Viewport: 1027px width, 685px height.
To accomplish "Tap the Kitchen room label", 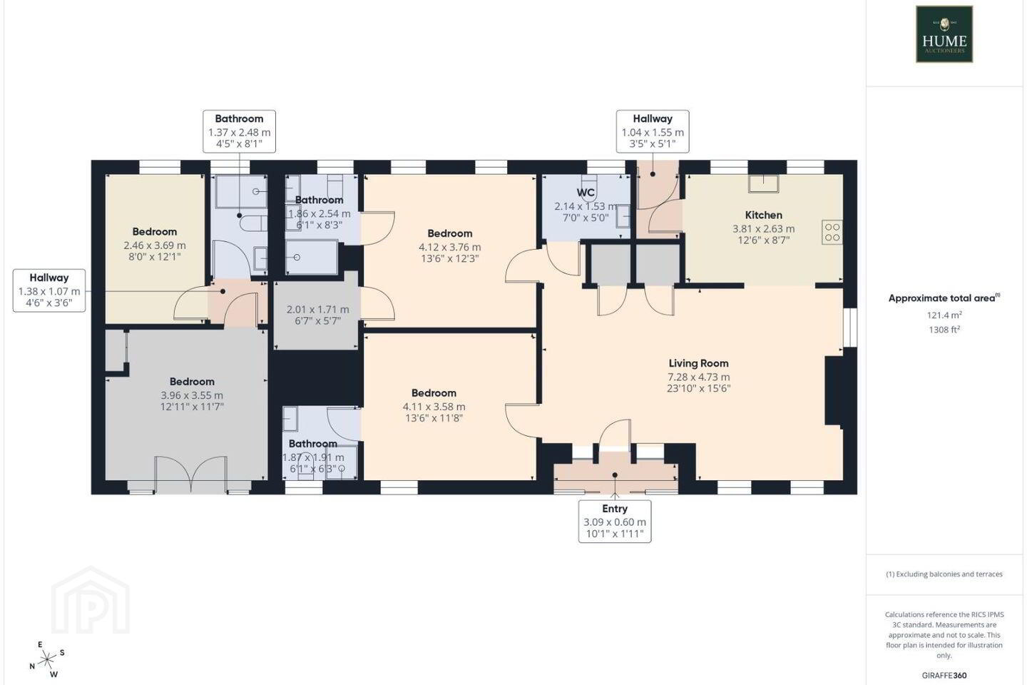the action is pyautogui.click(x=763, y=215).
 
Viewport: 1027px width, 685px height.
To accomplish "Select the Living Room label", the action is pyautogui.click(x=698, y=363).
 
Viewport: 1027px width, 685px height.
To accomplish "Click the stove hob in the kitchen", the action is pyautogui.click(x=832, y=232).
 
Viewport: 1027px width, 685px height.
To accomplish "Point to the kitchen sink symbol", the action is pyautogui.click(x=763, y=183).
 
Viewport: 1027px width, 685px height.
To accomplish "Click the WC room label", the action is pyautogui.click(x=586, y=193).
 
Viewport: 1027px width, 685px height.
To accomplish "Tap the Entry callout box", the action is pyautogui.click(x=614, y=521).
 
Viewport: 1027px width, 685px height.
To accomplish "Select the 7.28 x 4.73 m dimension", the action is pyautogui.click(x=698, y=377).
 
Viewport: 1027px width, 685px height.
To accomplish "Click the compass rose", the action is pyautogui.click(x=47, y=660).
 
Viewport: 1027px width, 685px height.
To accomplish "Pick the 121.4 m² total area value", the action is pyautogui.click(x=944, y=315).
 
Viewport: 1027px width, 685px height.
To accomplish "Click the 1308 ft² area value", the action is pyautogui.click(x=944, y=330).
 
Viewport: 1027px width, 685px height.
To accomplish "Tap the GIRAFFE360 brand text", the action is pyautogui.click(x=944, y=675).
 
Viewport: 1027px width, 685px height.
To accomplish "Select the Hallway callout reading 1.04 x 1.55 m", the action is pyautogui.click(x=653, y=131).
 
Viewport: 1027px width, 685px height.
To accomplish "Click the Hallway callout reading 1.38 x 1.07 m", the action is pyautogui.click(x=49, y=290).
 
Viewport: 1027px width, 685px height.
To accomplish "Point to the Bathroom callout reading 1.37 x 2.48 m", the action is pyautogui.click(x=240, y=131).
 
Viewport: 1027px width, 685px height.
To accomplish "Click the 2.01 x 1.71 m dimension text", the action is pyautogui.click(x=318, y=310).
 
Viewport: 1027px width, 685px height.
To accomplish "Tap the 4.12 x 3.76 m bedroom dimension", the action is pyautogui.click(x=450, y=248).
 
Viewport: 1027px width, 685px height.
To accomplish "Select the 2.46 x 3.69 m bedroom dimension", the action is pyautogui.click(x=155, y=245).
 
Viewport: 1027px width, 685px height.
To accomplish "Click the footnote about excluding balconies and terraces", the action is pyautogui.click(x=944, y=574).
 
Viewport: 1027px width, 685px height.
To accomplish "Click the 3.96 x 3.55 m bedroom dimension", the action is pyautogui.click(x=192, y=395).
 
